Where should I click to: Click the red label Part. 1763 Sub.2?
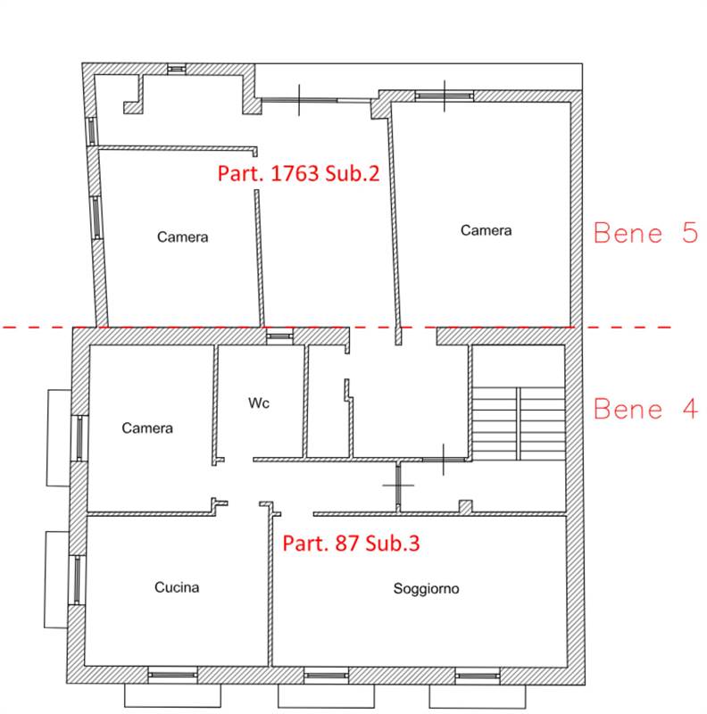pyautogui.click(x=298, y=173)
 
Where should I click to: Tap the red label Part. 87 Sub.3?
pyautogui.click(x=351, y=544)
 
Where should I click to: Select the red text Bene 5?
pyautogui.click(x=645, y=233)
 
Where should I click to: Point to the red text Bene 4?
pyautogui.click(x=645, y=409)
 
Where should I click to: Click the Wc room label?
pyautogui.click(x=259, y=403)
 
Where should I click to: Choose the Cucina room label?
pyautogui.click(x=177, y=587)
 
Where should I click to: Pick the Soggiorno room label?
pyautogui.click(x=426, y=589)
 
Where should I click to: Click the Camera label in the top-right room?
pyautogui.click(x=486, y=230)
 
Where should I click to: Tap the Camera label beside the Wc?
pyautogui.click(x=147, y=428)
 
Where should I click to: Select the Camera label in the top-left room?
pyautogui.click(x=183, y=237)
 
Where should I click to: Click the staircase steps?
pyautogui.click(x=519, y=423)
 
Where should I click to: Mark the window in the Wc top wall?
pyautogui.click(x=279, y=336)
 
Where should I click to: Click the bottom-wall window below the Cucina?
pyautogui.click(x=173, y=675)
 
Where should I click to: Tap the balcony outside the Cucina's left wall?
pyautogui.click(x=57, y=579)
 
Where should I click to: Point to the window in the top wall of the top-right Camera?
pyautogui.click(x=445, y=95)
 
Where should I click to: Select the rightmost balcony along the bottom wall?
pyautogui.click(x=478, y=697)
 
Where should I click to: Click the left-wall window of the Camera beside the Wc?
pyautogui.click(x=79, y=438)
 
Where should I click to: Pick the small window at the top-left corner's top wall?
pyautogui.click(x=176, y=69)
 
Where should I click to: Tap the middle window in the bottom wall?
pyautogui.click(x=326, y=676)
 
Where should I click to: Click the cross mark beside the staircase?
pyautogui.click(x=444, y=460)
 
